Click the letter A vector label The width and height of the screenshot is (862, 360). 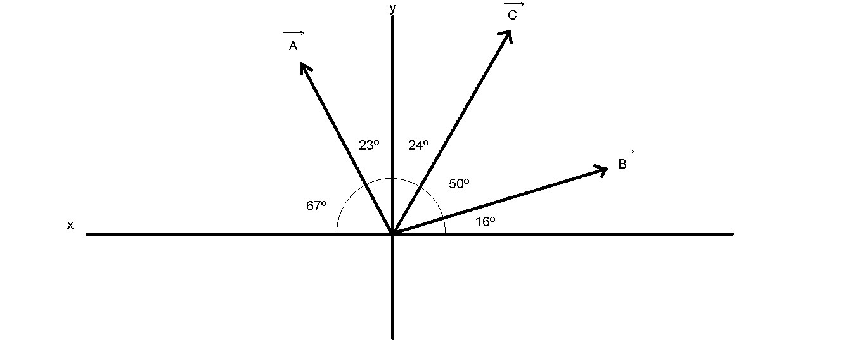[293, 46]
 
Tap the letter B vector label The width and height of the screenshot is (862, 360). [622, 165]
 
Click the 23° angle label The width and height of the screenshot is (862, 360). [369, 145]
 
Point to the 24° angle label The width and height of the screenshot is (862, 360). [418, 145]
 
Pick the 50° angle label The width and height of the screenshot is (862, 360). [459, 184]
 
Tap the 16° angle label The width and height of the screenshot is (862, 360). [485, 221]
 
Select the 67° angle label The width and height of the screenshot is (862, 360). [316, 205]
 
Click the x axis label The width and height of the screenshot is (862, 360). [70, 225]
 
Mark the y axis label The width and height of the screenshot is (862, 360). [393, 8]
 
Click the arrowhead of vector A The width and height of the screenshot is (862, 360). [302, 65]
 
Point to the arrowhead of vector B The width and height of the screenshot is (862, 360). [604, 168]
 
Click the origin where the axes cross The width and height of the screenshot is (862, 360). [393, 234]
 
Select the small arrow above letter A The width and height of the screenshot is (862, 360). [293, 33]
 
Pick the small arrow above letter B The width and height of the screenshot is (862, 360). [624, 151]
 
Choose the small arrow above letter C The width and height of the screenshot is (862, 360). [514, 4]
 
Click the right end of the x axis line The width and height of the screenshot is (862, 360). [732, 234]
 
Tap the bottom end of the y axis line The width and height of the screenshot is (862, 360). [393, 337]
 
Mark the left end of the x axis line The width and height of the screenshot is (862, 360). [87, 234]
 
